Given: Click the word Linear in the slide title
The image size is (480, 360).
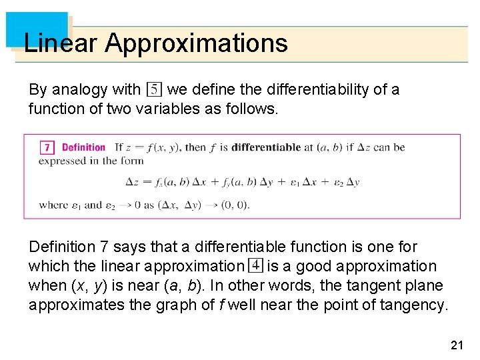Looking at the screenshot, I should [61, 43].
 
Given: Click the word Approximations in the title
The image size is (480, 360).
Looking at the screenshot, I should [196, 43].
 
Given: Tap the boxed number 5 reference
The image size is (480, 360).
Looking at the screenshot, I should [153, 89].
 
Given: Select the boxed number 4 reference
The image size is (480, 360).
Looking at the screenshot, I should [255, 265].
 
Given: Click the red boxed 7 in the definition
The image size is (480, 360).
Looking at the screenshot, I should [47, 147].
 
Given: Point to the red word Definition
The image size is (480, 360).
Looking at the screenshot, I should [83, 147].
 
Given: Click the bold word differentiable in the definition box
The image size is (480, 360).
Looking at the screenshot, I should [266, 147].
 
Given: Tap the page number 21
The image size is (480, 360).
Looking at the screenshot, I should [457, 345].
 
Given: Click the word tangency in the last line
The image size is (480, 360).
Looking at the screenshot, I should [416, 305].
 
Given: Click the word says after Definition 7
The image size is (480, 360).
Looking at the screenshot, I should [131, 247].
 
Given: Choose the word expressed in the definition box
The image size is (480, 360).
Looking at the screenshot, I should [62, 161].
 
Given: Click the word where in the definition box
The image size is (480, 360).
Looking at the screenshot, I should [53, 205].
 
